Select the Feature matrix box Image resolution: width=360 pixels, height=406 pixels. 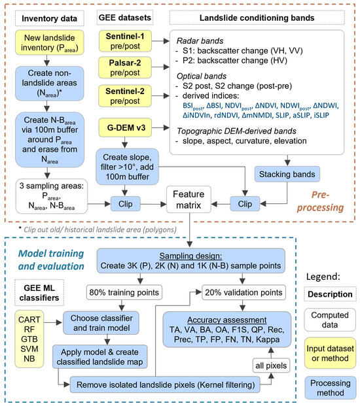(x=187, y=199)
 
